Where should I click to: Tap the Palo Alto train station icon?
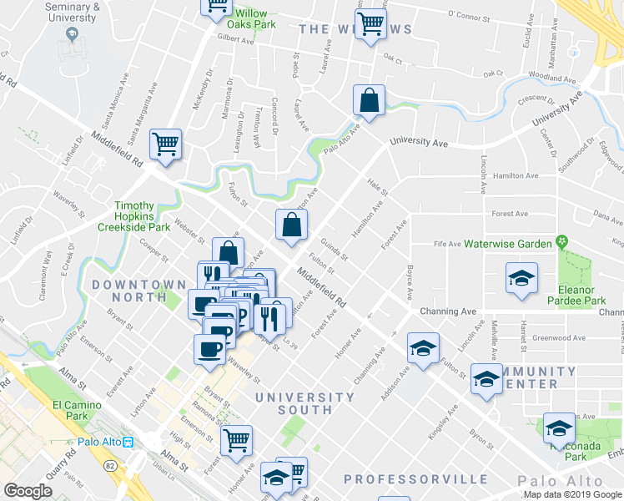[x=128, y=443]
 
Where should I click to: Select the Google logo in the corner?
[x=28, y=492]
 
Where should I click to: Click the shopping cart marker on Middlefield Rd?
[x=165, y=144]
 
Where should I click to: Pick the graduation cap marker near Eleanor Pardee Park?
[x=521, y=279]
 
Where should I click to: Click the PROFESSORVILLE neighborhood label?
[x=415, y=479]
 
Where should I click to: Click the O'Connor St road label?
[x=472, y=14]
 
